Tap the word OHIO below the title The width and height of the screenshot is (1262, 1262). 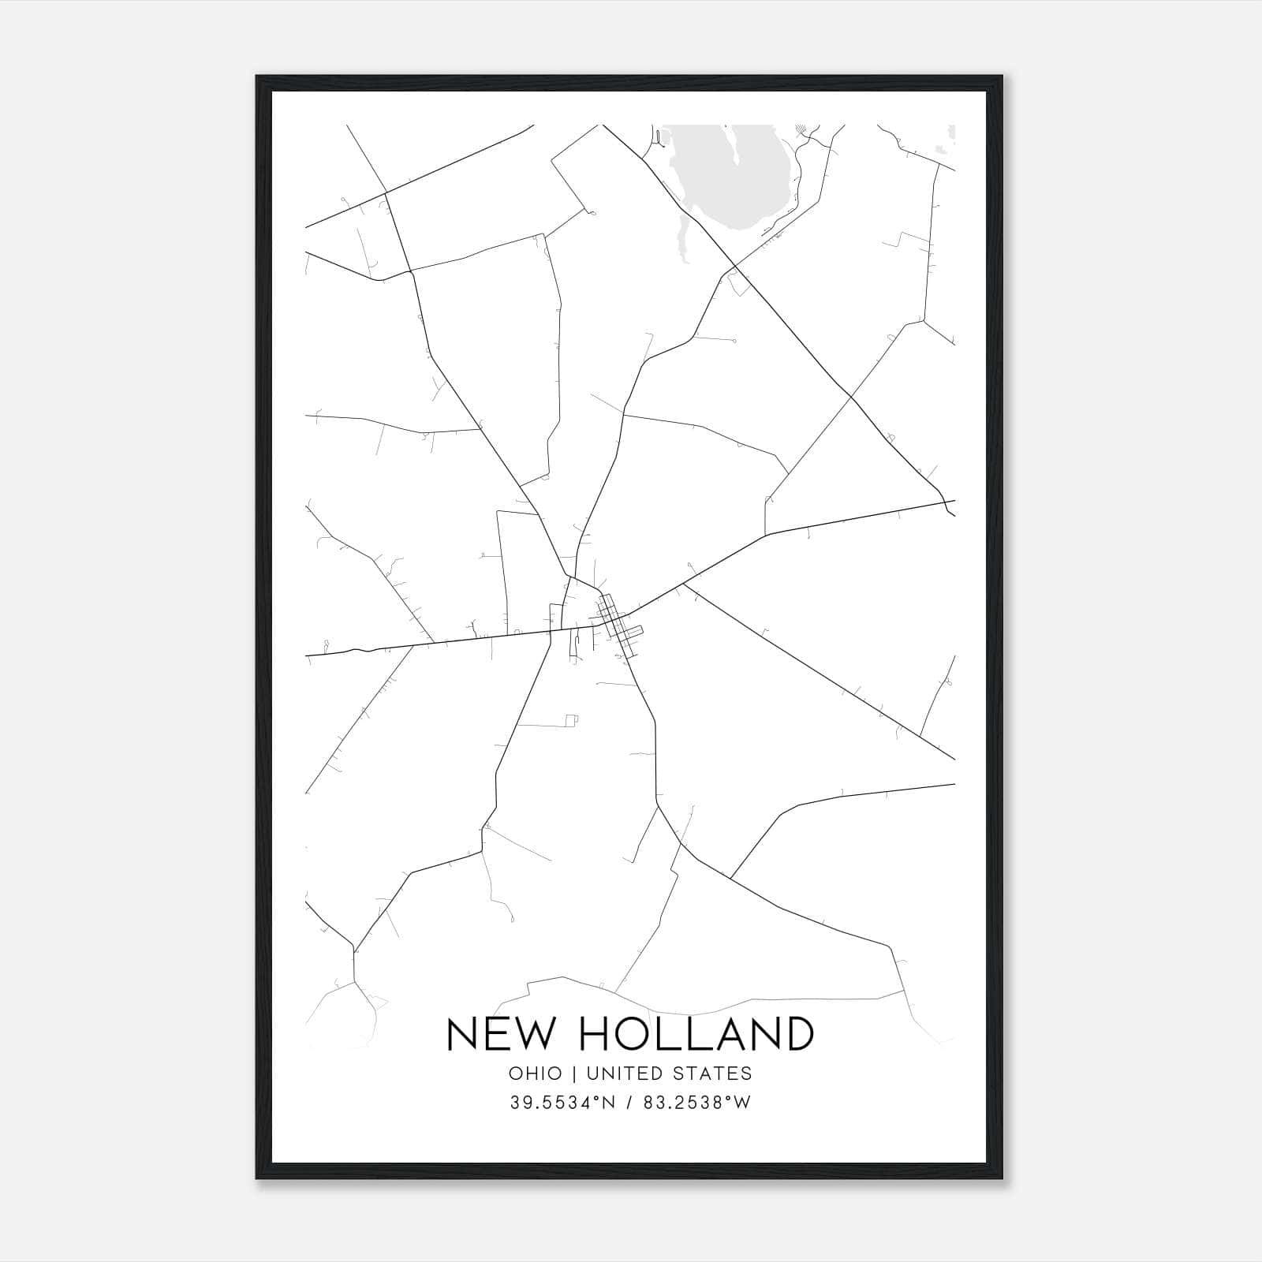tap(536, 1073)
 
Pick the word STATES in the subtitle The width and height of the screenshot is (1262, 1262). tap(716, 1073)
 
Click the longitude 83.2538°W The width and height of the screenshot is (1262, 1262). tap(696, 1103)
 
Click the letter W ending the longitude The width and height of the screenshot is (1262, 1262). tap(743, 1103)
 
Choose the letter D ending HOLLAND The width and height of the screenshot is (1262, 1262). tap(798, 1033)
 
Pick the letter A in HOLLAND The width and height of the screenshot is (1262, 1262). tap(728, 1033)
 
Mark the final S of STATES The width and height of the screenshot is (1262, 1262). tap(747, 1073)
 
